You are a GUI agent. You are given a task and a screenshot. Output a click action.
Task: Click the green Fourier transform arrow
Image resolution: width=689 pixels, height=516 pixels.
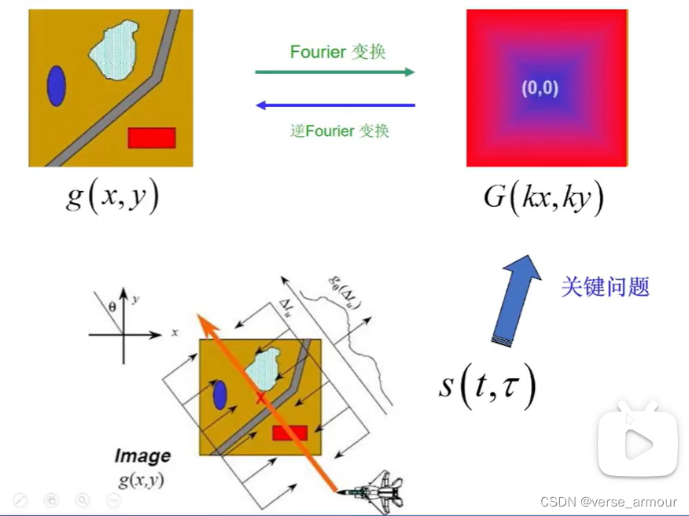[334, 72]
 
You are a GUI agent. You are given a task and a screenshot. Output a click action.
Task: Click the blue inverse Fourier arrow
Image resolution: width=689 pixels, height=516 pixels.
[336, 105]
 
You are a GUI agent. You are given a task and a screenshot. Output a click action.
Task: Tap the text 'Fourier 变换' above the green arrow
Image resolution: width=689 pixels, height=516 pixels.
[338, 53]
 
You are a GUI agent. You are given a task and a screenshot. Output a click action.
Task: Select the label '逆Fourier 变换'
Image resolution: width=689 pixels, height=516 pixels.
[339, 131]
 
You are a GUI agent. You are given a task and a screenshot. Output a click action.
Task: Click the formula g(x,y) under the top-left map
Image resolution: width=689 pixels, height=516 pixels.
[112, 196]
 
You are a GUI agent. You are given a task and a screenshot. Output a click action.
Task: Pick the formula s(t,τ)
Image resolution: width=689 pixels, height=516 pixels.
[488, 386]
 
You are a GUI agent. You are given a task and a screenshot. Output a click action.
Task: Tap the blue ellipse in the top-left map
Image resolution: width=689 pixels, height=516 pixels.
[56, 86]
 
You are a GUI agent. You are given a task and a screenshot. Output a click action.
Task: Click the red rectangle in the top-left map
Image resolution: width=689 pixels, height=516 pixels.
[151, 138]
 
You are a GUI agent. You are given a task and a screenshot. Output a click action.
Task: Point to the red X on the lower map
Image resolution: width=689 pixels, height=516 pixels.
[260, 398]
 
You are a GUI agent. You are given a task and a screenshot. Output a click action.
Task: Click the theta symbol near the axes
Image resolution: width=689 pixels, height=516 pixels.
[112, 310]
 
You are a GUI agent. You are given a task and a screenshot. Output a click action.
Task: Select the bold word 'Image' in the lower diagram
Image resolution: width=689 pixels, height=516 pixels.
[142, 455]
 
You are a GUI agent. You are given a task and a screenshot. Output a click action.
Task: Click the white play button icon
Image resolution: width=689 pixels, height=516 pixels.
[638, 446]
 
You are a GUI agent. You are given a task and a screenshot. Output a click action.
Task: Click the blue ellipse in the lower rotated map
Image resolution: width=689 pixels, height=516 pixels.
[220, 395]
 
